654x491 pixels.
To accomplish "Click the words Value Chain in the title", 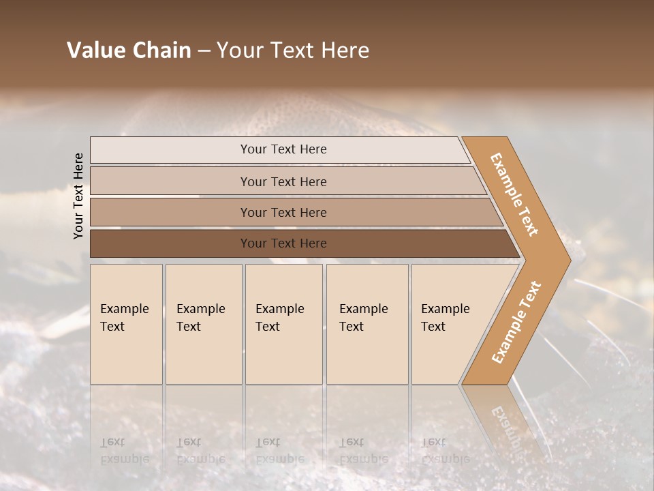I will pyautogui.click(x=129, y=50).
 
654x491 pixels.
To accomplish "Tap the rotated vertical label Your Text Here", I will pyautogui.click(x=78, y=196).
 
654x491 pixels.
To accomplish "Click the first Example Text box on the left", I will pyautogui.click(x=126, y=324).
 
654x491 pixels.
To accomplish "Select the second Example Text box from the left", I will pyautogui.click(x=204, y=324).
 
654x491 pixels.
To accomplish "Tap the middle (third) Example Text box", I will pyautogui.click(x=283, y=324).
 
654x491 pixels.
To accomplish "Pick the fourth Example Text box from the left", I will pyautogui.click(x=367, y=324).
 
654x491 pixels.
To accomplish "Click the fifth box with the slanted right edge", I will pyautogui.click(x=450, y=324).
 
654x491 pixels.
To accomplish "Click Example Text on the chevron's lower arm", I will pyautogui.click(x=516, y=322).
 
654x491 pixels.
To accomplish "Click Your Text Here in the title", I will pyautogui.click(x=293, y=50).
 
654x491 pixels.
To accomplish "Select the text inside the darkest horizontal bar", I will pyautogui.click(x=283, y=243).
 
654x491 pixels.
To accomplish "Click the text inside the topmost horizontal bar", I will pyautogui.click(x=283, y=149).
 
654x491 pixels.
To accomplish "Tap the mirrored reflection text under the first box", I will pyautogui.click(x=124, y=451).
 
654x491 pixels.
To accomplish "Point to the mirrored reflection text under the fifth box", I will pyautogui.click(x=445, y=451).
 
